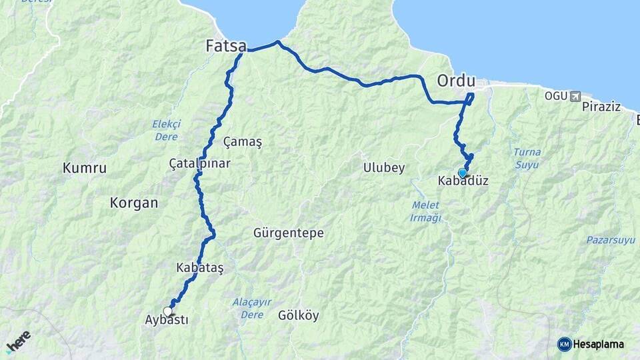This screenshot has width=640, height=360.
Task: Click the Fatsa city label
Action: [x=226, y=46]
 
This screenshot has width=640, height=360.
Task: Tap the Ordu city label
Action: [x=456, y=81]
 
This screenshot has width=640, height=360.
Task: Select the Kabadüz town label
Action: [x=463, y=181]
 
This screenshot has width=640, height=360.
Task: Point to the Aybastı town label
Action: [x=167, y=320]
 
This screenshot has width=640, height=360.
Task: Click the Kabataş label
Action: [x=199, y=267]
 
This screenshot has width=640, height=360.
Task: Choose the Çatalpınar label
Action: [x=199, y=163]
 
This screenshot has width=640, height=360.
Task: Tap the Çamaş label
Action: [x=243, y=142]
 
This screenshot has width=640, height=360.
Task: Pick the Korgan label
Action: [x=134, y=203]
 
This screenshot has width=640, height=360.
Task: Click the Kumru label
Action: [x=85, y=168]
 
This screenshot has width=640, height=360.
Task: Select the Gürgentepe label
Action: [x=289, y=233]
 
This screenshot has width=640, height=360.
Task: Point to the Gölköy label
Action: [x=299, y=315]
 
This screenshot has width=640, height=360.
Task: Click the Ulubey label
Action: [x=384, y=168]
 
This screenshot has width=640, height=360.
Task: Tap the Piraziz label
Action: [x=601, y=107]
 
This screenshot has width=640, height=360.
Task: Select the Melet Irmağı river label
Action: [x=426, y=212]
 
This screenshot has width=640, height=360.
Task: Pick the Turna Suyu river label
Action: [x=527, y=157]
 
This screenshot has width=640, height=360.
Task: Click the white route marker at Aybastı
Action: [x=167, y=311]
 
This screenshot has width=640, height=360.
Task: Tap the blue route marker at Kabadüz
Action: [x=462, y=173]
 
